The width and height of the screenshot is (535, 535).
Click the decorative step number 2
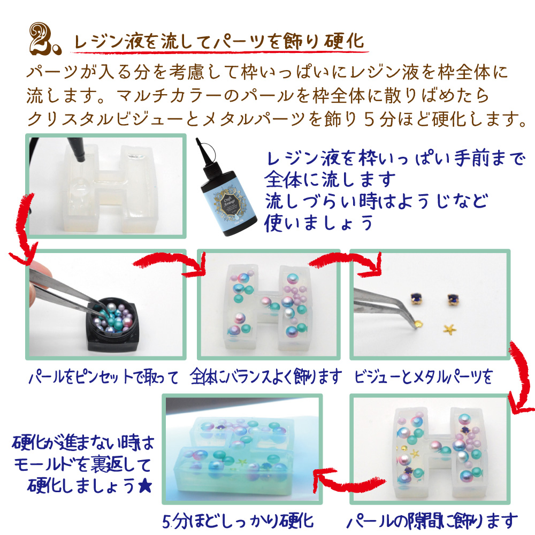point(44,39)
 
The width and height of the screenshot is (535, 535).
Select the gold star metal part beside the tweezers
point(449,328)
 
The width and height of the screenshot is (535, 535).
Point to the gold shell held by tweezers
point(417,323)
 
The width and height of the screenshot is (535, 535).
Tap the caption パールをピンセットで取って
point(103,377)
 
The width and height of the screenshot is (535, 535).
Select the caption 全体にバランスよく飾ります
point(266,376)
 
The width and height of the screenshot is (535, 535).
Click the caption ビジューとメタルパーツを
point(423,377)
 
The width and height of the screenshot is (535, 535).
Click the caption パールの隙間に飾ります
point(432,521)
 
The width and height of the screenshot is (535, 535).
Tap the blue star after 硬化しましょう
point(144,486)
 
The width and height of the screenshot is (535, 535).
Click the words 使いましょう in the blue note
point(318,224)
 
